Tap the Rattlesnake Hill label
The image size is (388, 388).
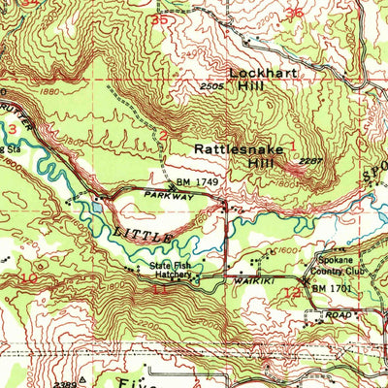click(234, 157)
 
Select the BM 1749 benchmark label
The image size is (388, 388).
click(192, 182)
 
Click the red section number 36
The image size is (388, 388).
click(294, 13)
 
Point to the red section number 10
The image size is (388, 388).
click(31, 278)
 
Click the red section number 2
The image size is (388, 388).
click(164, 135)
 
